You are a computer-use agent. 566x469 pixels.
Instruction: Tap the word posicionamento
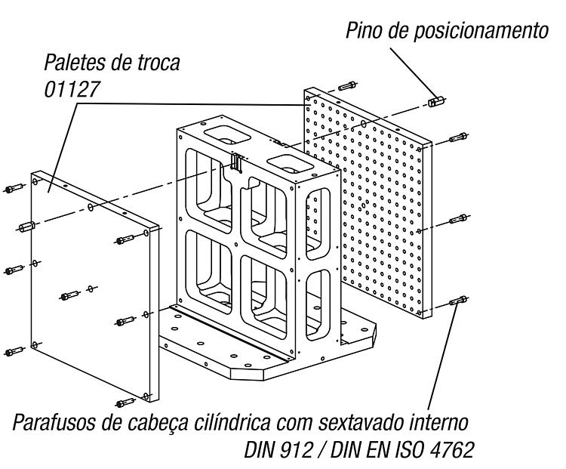pyautogui.click(x=481, y=32)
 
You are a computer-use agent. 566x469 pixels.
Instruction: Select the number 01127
pyautogui.click(x=72, y=89)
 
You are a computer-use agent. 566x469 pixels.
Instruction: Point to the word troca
pyautogui.click(x=158, y=63)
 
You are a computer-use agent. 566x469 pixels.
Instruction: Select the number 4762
pyautogui.click(x=452, y=450)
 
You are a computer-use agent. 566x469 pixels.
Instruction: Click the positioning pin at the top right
pyautogui.click(x=436, y=100)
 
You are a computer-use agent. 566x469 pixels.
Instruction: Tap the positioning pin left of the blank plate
pyautogui.click(x=27, y=227)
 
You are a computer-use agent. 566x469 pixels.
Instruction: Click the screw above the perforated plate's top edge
pyautogui.click(x=347, y=86)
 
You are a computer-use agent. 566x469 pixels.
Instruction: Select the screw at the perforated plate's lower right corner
pyautogui.click(x=458, y=300)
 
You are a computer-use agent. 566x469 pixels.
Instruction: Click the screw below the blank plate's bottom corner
pyautogui.click(x=125, y=402)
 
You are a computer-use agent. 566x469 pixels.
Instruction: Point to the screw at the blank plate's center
pyautogui.click(x=69, y=295)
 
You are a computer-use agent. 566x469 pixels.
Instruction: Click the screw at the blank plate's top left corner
pyautogui.click(x=14, y=187)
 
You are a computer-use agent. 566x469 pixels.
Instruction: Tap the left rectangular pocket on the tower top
pyautogui.click(x=226, y=134)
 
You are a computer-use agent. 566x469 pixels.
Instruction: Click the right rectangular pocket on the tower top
pyautogui.click(x=290, y=164)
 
